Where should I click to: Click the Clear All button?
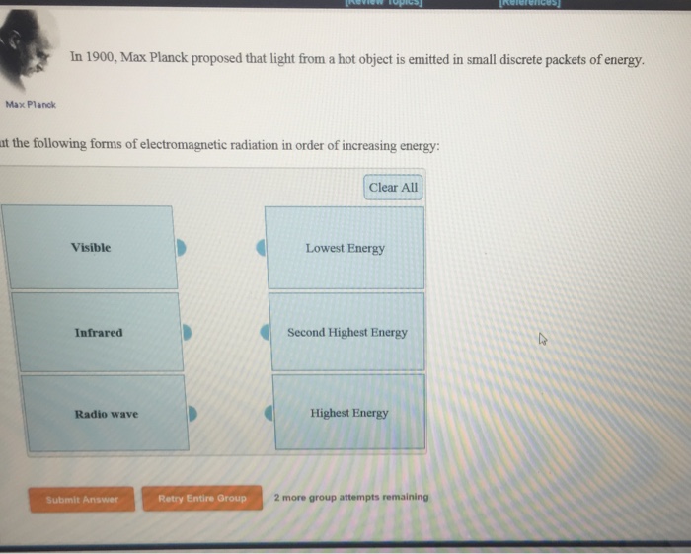click(x=393, y=187)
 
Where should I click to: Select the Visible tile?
click(x=90, y=247)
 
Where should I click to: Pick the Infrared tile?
click(x=98, y=332)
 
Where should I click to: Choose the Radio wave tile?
click(x=106, y=414)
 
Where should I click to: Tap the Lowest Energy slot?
click(x=345, y=248)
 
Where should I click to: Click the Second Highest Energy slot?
click(x=346, y=332)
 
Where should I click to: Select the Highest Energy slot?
click(x=348, y=413)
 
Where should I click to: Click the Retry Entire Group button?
click(x=202, y=498)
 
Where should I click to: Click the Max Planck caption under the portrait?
click(x=31, y=104)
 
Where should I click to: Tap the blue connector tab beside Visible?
click(x=181, y=248)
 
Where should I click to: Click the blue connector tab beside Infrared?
click(x=188, y=333)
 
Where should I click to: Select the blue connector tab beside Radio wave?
click(x=193, y=414)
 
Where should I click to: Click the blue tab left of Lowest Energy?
click(x=261, y=248)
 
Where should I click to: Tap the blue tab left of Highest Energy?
click(x=267, y=414)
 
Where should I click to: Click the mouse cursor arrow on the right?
click(x=541, y=340)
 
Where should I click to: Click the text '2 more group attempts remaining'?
click(x=351, y=497)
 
